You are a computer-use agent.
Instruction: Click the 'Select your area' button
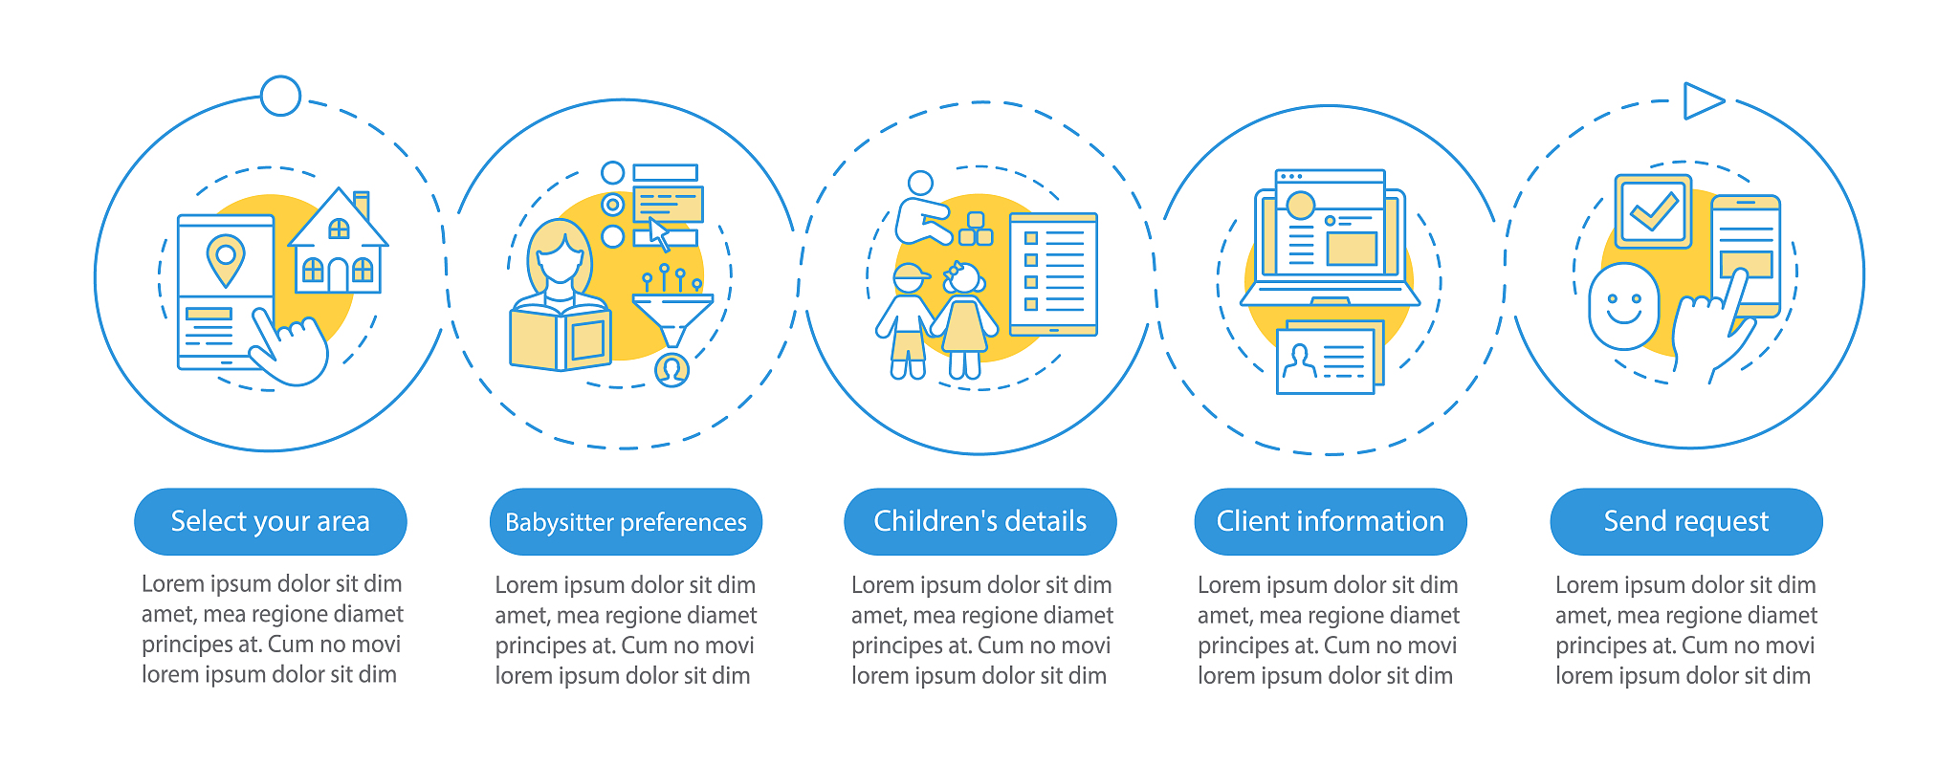tap(271, 521)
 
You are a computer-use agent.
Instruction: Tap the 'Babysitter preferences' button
tap(626, 522)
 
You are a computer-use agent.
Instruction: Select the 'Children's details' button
tap(980, 521)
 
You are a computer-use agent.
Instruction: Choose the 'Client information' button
tap(1331, 521)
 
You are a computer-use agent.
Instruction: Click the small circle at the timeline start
tap(280, 96)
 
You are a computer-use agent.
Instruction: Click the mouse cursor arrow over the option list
tap(659, 234)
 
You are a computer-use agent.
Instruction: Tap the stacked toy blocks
tap(976, 229)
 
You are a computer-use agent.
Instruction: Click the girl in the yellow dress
tap(964, 321)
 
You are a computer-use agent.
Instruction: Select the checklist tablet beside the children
tap(1053, 274)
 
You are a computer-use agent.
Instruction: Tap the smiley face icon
tap(1624, 306)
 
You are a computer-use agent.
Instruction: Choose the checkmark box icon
tap(1653, 211)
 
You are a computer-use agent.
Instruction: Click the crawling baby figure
tap(922, 210)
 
